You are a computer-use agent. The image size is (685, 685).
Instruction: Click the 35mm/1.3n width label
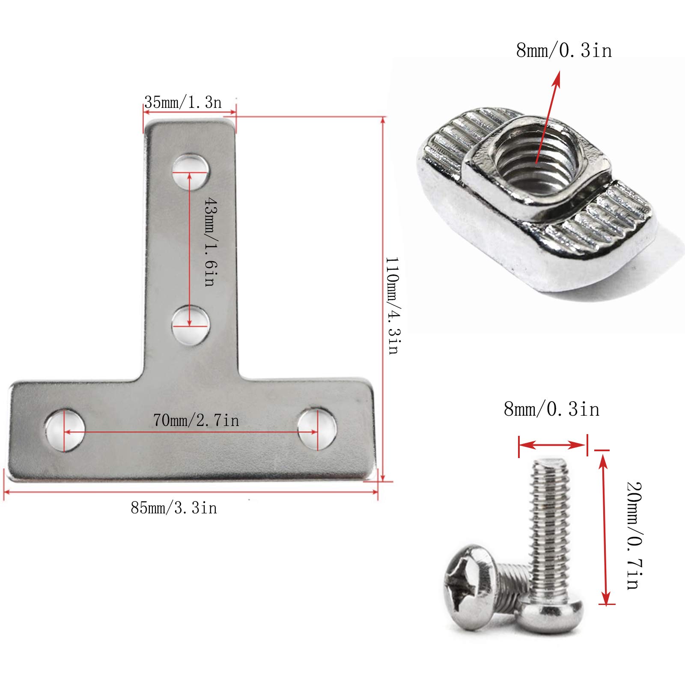point(183,102)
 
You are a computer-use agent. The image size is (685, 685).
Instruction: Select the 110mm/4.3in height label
point(393,306)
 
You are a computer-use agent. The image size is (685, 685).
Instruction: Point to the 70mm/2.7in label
point(196,420)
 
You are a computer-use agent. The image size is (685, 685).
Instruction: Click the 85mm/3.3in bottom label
point(174,508)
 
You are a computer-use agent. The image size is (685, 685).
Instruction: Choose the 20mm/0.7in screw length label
point(634,536)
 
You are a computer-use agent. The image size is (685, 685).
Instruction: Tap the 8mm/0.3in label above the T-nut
point(564,51)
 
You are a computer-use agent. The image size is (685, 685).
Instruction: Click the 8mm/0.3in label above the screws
point(551,409)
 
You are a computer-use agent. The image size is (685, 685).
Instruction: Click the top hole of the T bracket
point(191,172)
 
